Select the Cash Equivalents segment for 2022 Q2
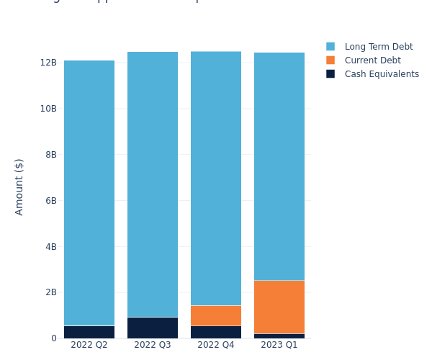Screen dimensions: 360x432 click(x=89, y=332)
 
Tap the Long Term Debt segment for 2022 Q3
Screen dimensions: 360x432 click(x=153, y=184)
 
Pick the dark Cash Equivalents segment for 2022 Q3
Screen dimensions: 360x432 click(x=153, y=328)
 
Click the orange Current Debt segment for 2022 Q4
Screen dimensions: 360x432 click(x=216, y=315)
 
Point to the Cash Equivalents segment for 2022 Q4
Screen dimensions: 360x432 click(x=216, y=332)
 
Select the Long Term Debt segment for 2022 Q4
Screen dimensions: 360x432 click(x=216, y=179)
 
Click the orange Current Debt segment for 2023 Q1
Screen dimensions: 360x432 click(x=279, y=307)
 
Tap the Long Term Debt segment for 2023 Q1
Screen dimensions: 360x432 click(x=279, y=166)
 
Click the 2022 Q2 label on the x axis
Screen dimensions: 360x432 click(x=89, y=345)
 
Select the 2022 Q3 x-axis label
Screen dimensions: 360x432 click(x=153, y=345)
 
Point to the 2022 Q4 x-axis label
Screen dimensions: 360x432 click(x=216, y=345)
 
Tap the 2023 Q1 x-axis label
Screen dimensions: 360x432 click(x=279, y=345)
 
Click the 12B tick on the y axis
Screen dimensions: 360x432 click(x=48, y=63)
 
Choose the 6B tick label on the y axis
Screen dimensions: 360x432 click(x=50, y=200)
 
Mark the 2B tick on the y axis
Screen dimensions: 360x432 click(x=50, y=292)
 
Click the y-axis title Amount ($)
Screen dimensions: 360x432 click(x=19, y=186)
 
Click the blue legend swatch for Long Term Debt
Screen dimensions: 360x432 click(x=330, y=47)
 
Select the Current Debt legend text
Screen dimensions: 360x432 click(x=372, y=60)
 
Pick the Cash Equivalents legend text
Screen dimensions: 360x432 click(x=382, y=74)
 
